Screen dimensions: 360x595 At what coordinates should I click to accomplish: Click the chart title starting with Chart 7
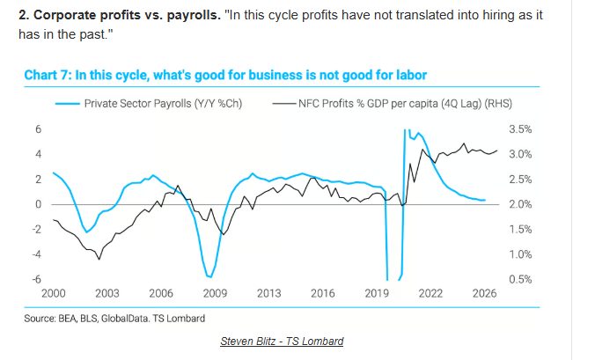[x=226, y=76]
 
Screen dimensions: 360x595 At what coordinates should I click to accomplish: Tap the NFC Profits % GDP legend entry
[x=404, y=103]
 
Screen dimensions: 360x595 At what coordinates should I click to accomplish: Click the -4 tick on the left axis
[x=36, y=254]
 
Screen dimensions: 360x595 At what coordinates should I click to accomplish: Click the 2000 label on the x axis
[x=53, y=294]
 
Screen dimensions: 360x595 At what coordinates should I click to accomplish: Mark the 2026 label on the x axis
[x=483, y=294]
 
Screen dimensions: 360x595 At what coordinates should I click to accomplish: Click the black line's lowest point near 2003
[x=99, y=259]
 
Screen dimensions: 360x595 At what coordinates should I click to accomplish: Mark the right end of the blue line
[x=485, y=200]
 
